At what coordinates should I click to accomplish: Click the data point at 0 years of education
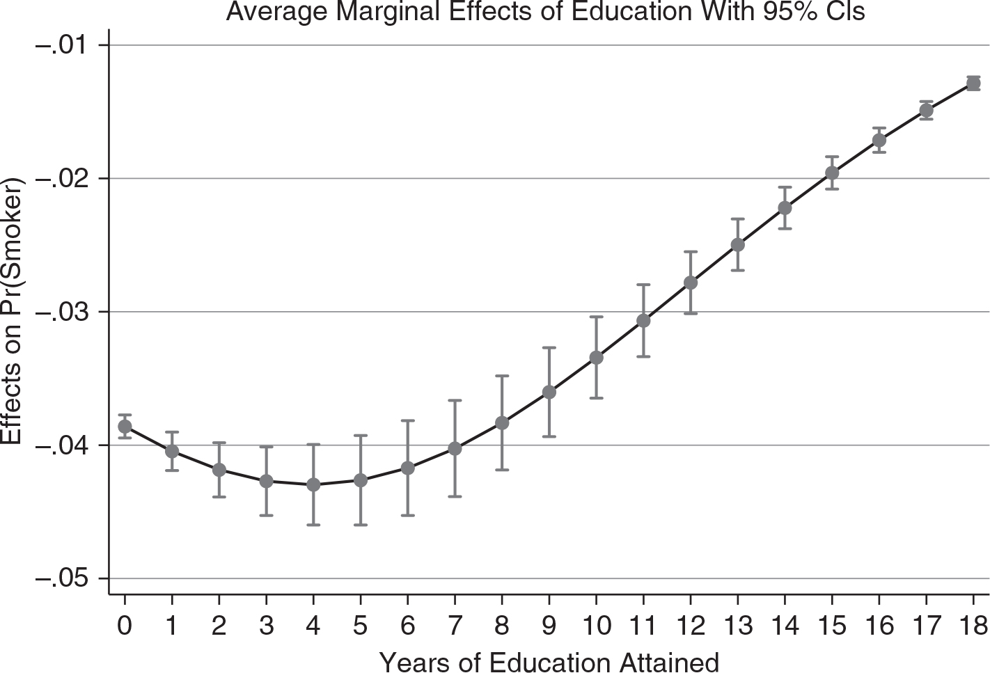(125, 427)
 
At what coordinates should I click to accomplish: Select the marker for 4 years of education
(313, 484)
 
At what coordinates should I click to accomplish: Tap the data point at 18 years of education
(973, 84)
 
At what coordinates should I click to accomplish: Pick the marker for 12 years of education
(691, 283)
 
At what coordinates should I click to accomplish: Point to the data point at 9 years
(549, 393)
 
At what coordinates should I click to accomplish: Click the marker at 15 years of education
(832, 173)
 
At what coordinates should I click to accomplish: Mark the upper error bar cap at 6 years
(407, 420)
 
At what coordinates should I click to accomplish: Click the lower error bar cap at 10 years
(596, 398)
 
